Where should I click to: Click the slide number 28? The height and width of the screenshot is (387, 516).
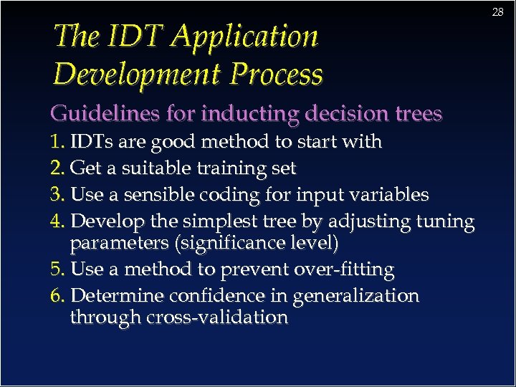click(497, 12)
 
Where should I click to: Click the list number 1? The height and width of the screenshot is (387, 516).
click(57, 142)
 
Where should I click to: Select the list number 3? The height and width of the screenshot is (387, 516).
click(57, 195)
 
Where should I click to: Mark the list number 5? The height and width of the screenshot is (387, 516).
click(57, 270)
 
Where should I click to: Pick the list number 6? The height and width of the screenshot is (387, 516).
click(57, 296)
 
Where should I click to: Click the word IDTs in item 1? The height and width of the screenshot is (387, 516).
click(90, 142)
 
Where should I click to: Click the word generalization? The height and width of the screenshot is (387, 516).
click(358, 296)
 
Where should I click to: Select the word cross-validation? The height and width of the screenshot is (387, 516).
click(217, 317)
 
